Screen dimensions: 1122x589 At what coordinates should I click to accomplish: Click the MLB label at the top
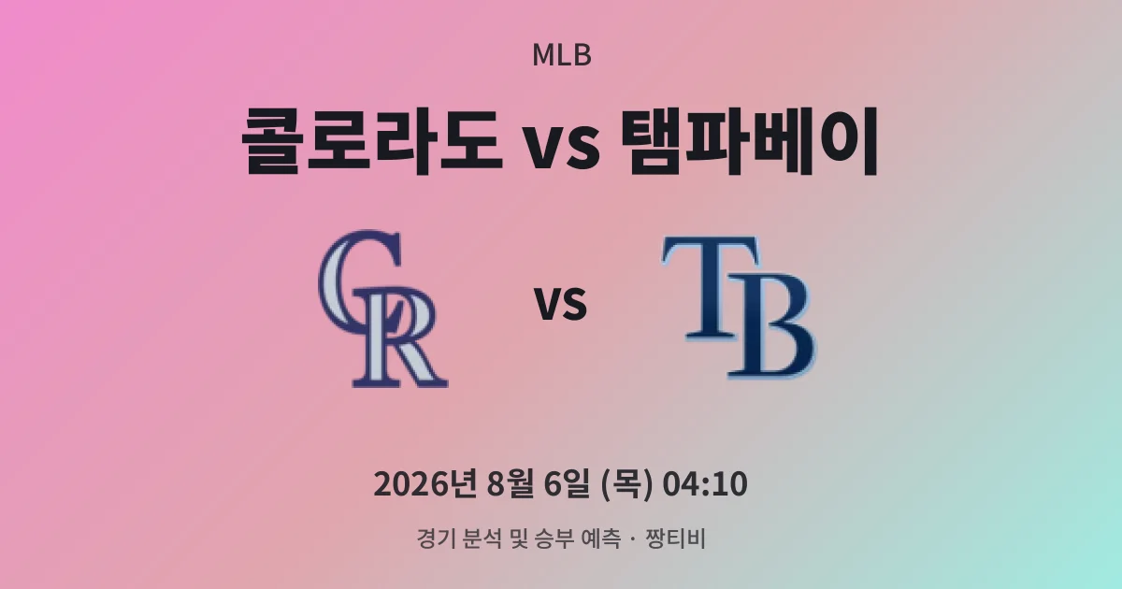point(562,55)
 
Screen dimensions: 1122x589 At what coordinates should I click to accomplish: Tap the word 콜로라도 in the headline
point(371,141)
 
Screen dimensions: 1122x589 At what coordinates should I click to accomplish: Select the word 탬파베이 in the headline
point(749,141)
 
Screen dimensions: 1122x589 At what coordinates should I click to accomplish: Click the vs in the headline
point(562,148)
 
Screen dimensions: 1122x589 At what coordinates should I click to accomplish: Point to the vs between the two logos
point(561,304)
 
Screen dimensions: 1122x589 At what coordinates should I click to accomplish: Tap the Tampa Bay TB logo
point(740,308)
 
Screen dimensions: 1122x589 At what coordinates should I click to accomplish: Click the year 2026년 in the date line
point(424,484)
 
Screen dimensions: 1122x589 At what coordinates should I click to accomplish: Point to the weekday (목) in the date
point(626,484)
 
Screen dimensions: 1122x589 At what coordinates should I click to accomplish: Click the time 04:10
point(705,484)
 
